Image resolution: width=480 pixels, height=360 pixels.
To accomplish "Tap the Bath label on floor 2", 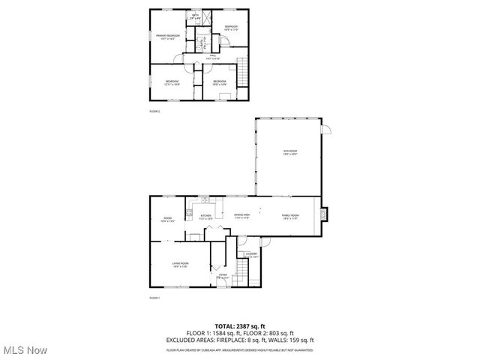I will [195, 16].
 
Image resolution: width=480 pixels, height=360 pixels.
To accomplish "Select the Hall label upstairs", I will [212, 56].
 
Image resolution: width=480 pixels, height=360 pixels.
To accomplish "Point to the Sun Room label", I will [290, 153].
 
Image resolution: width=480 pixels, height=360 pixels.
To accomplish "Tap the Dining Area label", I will [241, 216].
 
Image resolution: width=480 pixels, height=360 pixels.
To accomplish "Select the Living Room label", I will [180, 264].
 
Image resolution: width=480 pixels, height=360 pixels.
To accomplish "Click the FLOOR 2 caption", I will [154, 111].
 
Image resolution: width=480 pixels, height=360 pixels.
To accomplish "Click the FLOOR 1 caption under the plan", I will [154, 298].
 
